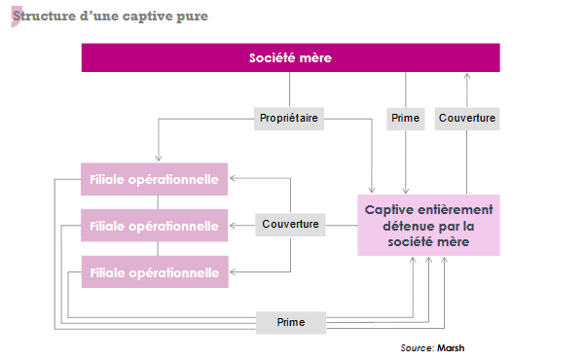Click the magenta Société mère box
tap(290, 57)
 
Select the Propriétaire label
tap(289, 118)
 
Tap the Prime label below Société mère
tap(405, 118)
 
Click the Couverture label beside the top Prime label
tap(467, 118)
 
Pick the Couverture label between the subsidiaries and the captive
tap(290, 225)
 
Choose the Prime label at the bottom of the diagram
tap(290, 322)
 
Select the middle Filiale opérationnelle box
tap(154, 226)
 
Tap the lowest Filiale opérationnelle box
tap(154, 271)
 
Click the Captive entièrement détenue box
tap(428, 225)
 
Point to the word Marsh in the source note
tap(453, 347)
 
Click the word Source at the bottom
tap(416, 347)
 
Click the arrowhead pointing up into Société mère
tap(467, 76)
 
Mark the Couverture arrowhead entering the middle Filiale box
tap(233, 226)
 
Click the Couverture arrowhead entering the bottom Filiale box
tap(233, 271)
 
